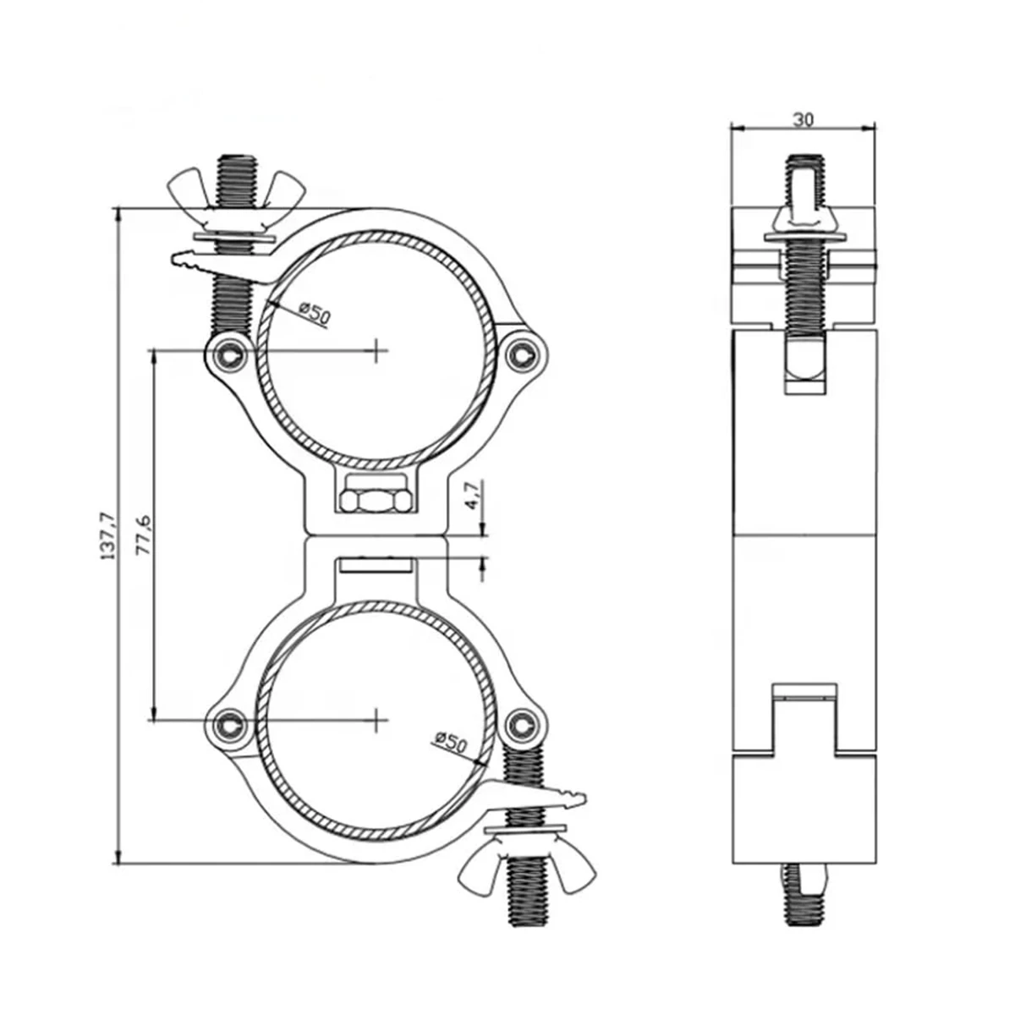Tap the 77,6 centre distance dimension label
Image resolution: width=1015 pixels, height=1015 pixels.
click(x=144, y=535)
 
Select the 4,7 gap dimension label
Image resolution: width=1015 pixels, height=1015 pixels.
click(x=474, y=494)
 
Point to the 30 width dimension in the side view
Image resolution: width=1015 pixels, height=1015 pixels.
click(x=804, y=119)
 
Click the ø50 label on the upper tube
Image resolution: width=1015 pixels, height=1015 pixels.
click(x=314, y=313)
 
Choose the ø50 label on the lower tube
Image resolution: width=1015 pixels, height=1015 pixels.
click(x=450, y=743)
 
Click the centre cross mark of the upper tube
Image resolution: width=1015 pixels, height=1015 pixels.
click(x=376, y=350)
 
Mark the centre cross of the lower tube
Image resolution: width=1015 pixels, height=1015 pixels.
click(x=376, y=719)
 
